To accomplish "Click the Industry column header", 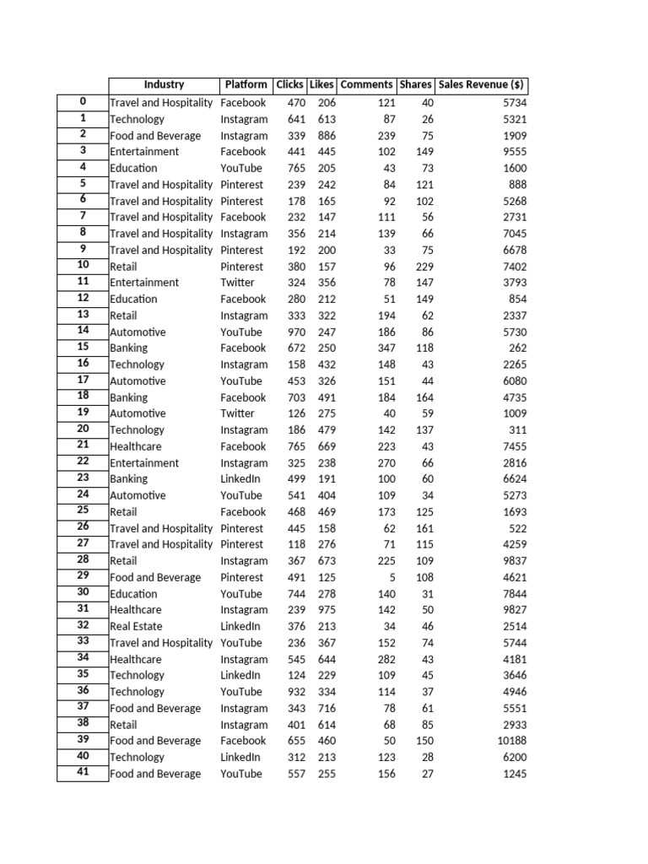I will [x=164, y=84].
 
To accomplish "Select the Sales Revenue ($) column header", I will [x=482, y=84].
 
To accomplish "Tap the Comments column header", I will [x=366, y=84].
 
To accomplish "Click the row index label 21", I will [x=83, y=445].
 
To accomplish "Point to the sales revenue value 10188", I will [x=510, y=741].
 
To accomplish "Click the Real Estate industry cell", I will [x=136, y=626].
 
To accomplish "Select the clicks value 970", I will [x=292, y=332].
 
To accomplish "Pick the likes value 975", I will [x=326, y=610].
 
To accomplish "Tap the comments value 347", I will [x=386, y=348].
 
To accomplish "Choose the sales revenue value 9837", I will [x=513, y=561].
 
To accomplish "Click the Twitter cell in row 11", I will [x=237, y=283].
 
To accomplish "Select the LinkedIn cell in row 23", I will [x=240, y=479].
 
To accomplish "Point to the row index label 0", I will [x=83, y=101].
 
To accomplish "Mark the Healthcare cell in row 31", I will [x=135, y=610].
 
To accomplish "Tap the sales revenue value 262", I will [x=516, y=348].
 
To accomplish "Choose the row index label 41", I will [x=83, y=772].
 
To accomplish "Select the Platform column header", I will [x=246, y=84].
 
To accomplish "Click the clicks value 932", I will [x=292, y=692].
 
